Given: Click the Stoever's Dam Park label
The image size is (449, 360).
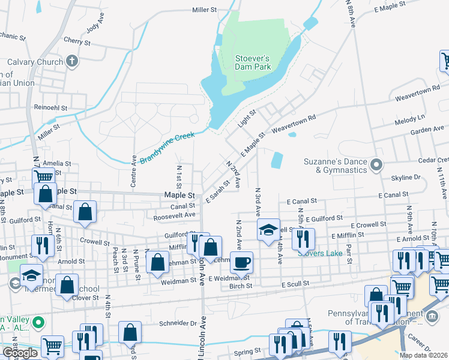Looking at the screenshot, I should pos(252,62).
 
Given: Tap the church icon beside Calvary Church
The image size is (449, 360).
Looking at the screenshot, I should pos(72,61).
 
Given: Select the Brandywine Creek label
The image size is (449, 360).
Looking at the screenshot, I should pos(168,148).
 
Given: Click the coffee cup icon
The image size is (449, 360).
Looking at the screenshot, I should pos(241,262).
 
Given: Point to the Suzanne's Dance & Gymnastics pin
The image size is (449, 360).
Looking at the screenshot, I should pos(376,164).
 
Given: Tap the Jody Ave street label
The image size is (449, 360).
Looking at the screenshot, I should pos(95,28).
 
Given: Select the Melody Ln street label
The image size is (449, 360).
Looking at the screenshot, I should pos(410,116).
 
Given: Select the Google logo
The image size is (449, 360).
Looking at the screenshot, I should pos(19,352).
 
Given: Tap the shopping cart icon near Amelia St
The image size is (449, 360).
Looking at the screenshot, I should pos(43,176).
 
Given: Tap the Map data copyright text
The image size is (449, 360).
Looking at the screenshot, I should pos(423,355).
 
